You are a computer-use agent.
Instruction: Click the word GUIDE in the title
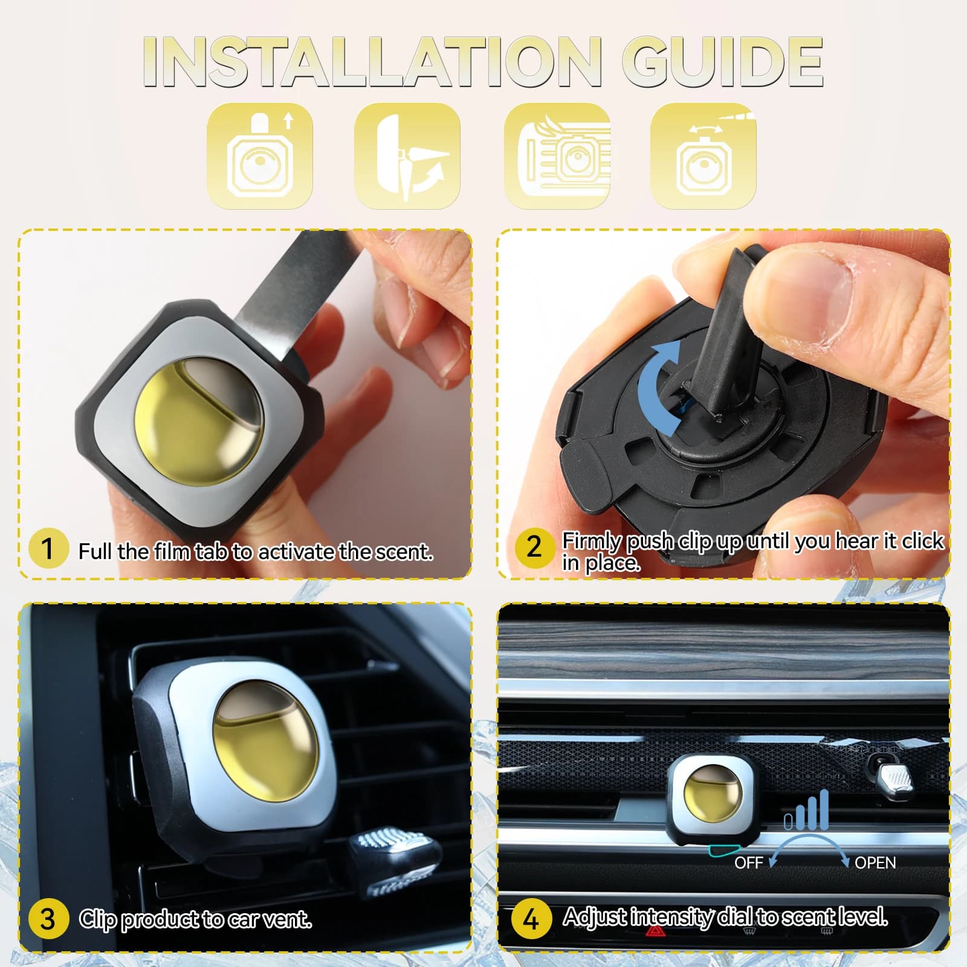pyautogui.click(x=722, y=62)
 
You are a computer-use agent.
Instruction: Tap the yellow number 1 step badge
pyautogui.click(x=48, y=548)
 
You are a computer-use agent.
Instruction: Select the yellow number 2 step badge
pyautogui.click(x=534, y=548)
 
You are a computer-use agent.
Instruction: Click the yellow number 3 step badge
pyautogui.click(x=48, y=919)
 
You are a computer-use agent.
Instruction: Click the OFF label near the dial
pyautogui.click(x=748, y=863)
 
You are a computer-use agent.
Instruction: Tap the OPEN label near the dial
pyautogui.click(x=875, y=863)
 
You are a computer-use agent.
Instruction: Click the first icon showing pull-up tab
pyautogui.click(x=260, y=156)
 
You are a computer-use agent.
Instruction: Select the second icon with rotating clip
pyautogui.click(x=407, y=156)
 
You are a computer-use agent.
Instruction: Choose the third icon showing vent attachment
pyautogui.click(x=557, y=156)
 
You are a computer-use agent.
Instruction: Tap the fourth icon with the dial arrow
pyautogui.click(x=703, y=156)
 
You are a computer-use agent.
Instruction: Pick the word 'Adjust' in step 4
pyautogui.click(x=595, y=917)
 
